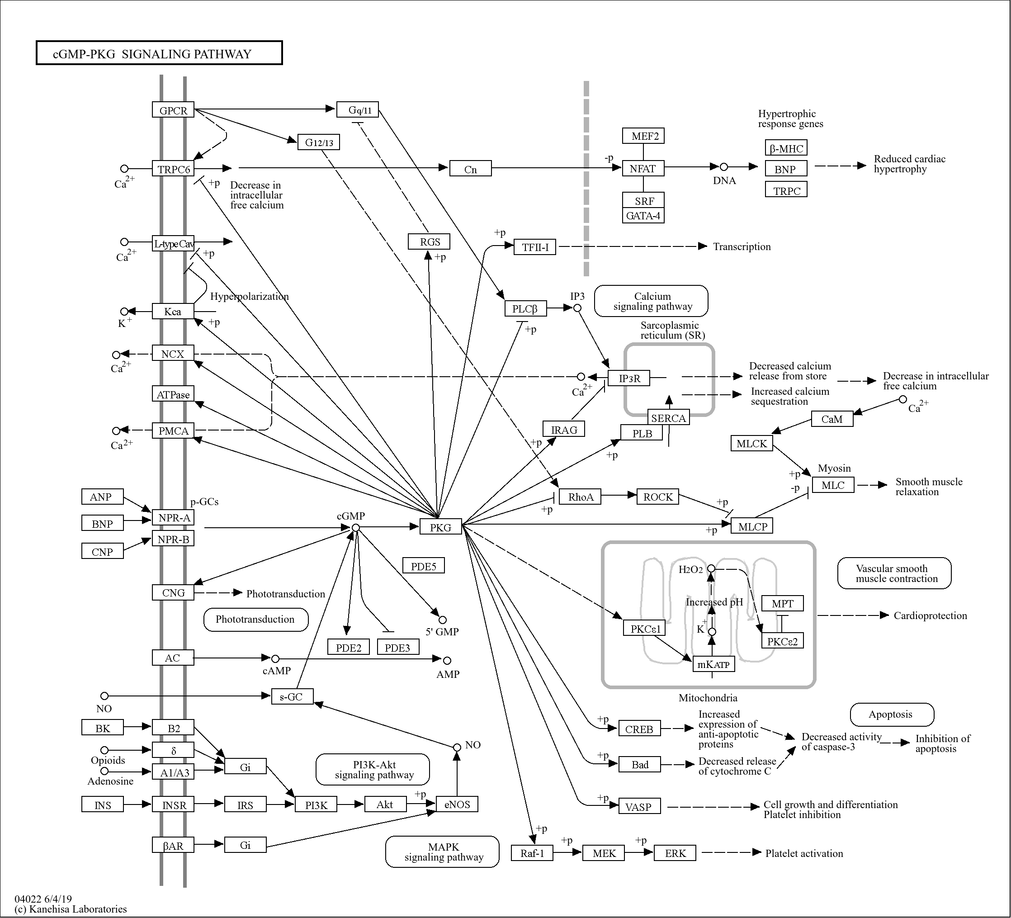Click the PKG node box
pyautogui.click(x=440, y=527)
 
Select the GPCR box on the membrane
pyautogui.click(x=173, y=110)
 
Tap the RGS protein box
pyautogui.click(x=429, y=242)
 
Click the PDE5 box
pyautogui.click(x=424, y=566)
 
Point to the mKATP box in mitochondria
pyautogui.click(x=713, y=664)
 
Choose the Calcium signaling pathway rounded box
pyautogui.click(x=652, y=302)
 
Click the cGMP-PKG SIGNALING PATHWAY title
pyautogui.click(x=159, y=54)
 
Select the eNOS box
pyautogui.click(x=457, y=804)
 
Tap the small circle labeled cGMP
pyautogui.click(x=355, y=527)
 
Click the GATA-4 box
pyautogui.click(x=643, y=216)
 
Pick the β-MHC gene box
pyautogui.click(x=786, y=148)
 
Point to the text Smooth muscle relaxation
pyautogui.click(x=928, y=487)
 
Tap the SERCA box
pyautogui.click(x=668, y=418)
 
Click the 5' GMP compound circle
pyautogui.click(x=442, y=620)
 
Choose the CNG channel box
pyautogui.click(x=173, y=592)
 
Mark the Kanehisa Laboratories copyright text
pyautogui.click(x=71, y=909)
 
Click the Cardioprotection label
pyautogui.click(x=930, y=615)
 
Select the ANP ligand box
pyautogui.click(x=102, y=497)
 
